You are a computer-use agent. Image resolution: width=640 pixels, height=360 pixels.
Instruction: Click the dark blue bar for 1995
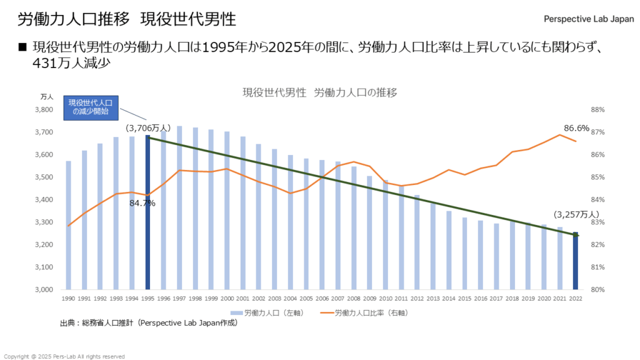[147, 212]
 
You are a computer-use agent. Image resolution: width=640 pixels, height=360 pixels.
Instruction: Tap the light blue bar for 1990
[68, 225]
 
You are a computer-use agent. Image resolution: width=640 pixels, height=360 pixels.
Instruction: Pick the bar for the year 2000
[227, 210]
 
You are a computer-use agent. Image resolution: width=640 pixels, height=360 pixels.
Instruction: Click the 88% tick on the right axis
[597, 110]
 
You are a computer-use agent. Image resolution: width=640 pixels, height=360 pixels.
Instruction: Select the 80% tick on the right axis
[597, 289]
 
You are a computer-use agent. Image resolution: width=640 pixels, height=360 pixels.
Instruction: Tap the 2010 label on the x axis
[386, 299]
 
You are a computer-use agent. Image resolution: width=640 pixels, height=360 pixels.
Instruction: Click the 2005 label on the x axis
[306, 299]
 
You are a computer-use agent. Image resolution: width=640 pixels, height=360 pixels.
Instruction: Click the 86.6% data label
[576, 128]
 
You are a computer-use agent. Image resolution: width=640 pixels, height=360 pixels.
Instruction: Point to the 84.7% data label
[142, 203]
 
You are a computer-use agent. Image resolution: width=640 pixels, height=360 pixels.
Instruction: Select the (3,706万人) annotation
[148, 127]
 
